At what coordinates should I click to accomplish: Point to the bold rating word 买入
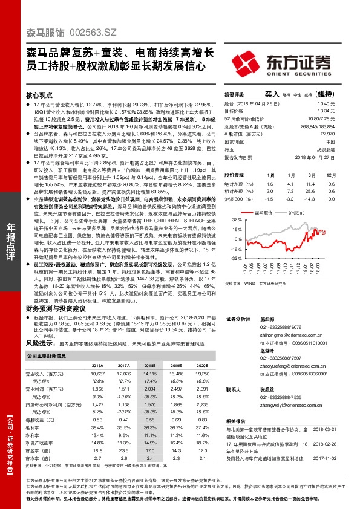click(x=272, y=94)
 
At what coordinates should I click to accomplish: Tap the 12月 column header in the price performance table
click(x=330, y=174)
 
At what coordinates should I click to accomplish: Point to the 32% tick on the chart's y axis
click(x=236, y=221)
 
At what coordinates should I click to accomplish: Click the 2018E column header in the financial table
click(x=149, y=366)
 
